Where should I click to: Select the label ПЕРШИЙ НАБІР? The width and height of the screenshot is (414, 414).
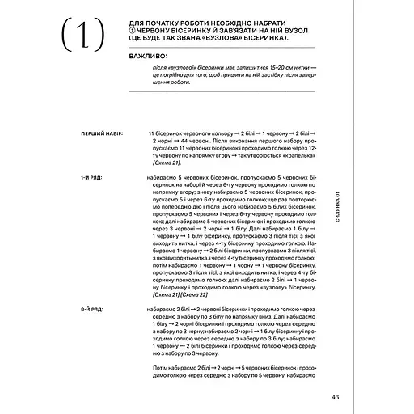pos(101,132)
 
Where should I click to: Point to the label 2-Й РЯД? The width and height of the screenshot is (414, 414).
pos(91,310)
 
